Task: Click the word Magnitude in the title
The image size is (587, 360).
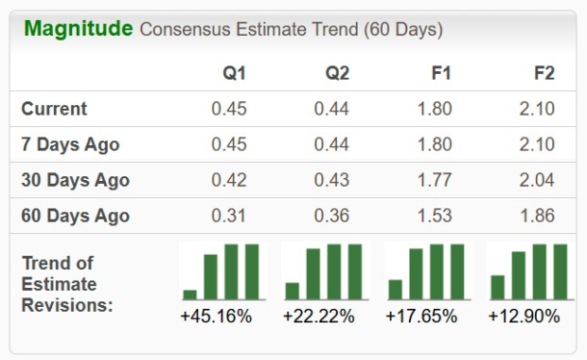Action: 78,28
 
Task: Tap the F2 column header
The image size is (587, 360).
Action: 543,74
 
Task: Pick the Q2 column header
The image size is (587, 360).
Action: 337,74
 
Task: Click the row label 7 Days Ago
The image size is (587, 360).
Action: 70,145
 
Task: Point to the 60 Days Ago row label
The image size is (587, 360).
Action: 75,216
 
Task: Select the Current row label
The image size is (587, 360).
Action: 54,109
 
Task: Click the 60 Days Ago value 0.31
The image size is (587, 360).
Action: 228,216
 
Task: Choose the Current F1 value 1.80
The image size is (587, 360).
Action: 435,109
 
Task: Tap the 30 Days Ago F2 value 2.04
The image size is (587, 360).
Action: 537,180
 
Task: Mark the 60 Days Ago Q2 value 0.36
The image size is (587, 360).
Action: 331,216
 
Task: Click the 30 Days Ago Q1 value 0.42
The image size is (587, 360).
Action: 228,180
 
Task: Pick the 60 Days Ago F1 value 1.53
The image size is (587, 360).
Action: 435,216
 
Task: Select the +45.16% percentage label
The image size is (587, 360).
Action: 216,316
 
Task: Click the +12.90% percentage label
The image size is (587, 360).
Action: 524,316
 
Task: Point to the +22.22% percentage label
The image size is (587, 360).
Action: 318,316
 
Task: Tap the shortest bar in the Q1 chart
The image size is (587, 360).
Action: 190,294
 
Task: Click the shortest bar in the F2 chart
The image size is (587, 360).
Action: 498,287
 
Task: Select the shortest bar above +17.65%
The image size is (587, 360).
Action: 396,289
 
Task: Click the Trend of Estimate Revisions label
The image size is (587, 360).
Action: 67,284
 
